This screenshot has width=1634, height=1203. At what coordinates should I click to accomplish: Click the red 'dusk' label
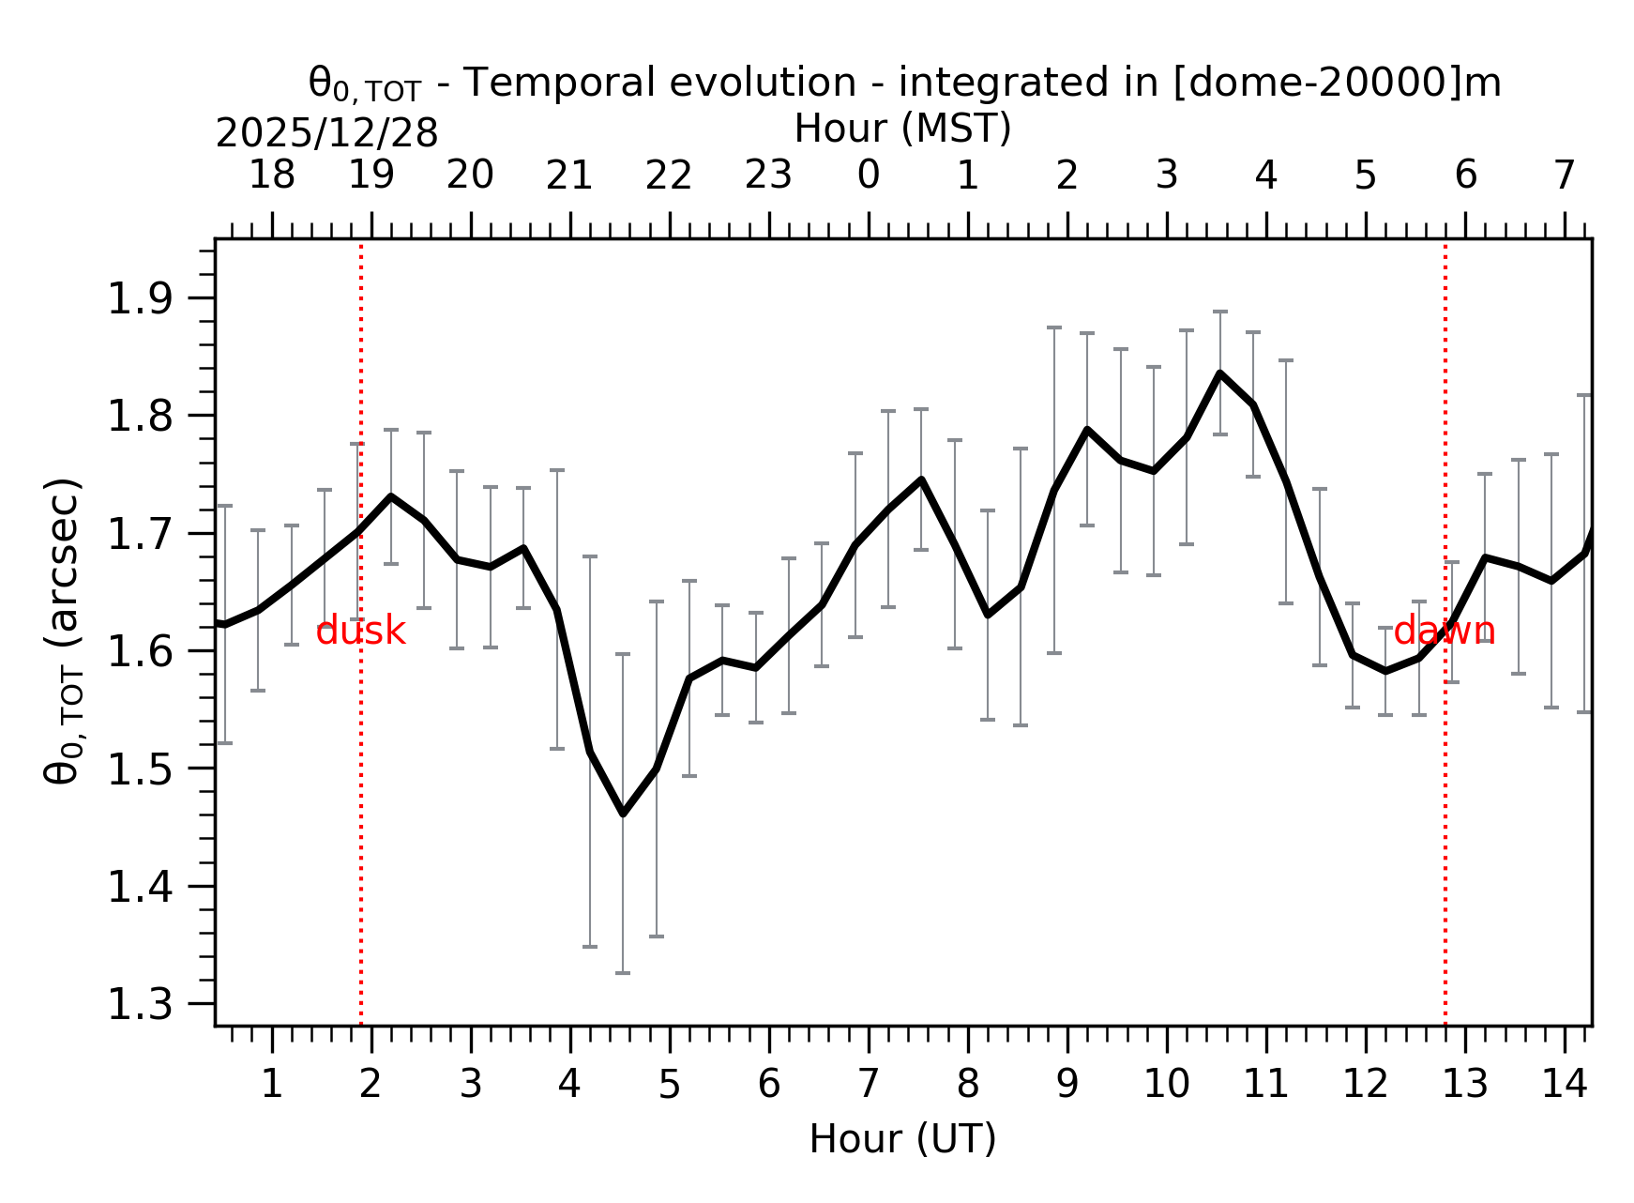pos(360,632)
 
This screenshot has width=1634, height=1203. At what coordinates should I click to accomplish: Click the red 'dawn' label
pos(1444,632)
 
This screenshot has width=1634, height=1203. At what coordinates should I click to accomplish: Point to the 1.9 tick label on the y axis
pos(141,299)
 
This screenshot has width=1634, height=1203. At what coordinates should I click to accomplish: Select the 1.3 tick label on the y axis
pos(141,1005)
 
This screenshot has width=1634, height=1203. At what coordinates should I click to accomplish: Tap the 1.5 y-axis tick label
pos(141,769)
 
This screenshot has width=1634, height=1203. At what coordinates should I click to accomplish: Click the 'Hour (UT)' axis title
pos(902,1139)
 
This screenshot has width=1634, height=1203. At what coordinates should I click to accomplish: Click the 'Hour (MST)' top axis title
pos(902,129)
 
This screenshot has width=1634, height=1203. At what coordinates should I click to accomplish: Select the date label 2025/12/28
pos(326,134)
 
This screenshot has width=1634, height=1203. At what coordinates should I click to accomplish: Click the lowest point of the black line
pos(623,814)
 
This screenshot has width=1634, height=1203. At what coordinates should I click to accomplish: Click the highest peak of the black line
pos(1219,373)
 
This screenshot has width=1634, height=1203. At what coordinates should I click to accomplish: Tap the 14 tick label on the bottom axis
pos(1565,1086)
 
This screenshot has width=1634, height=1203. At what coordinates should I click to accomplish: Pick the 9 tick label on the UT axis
pos(1067,1086)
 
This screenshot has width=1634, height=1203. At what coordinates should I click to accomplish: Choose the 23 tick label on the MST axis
pos(768,175)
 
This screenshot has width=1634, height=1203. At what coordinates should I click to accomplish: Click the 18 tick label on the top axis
pos(272,175)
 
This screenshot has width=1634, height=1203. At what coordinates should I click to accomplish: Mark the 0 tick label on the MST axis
pos(869,175)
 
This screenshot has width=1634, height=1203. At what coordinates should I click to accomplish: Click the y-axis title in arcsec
pos(64,631)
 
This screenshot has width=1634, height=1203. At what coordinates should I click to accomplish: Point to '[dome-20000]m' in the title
pos(1337,84)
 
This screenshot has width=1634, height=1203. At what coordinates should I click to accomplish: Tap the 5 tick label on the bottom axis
pos(669,1086)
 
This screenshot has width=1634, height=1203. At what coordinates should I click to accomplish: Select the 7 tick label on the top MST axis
pos(1564,175)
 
